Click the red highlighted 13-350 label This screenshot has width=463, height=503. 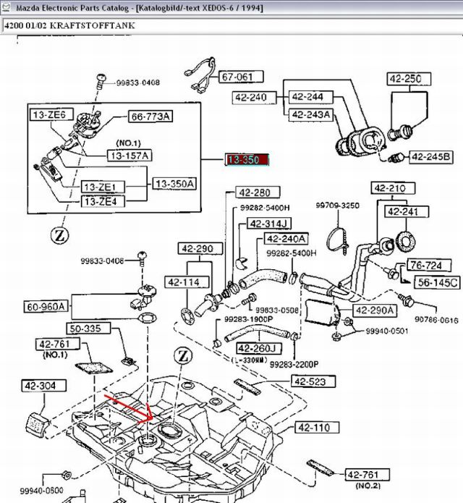click(247, 160)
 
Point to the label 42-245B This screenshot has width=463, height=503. click(431, 156)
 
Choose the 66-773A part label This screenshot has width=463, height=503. click(151, 117)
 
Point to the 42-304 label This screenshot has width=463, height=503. click(39, 386)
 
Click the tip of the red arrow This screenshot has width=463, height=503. click(149, 420)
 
